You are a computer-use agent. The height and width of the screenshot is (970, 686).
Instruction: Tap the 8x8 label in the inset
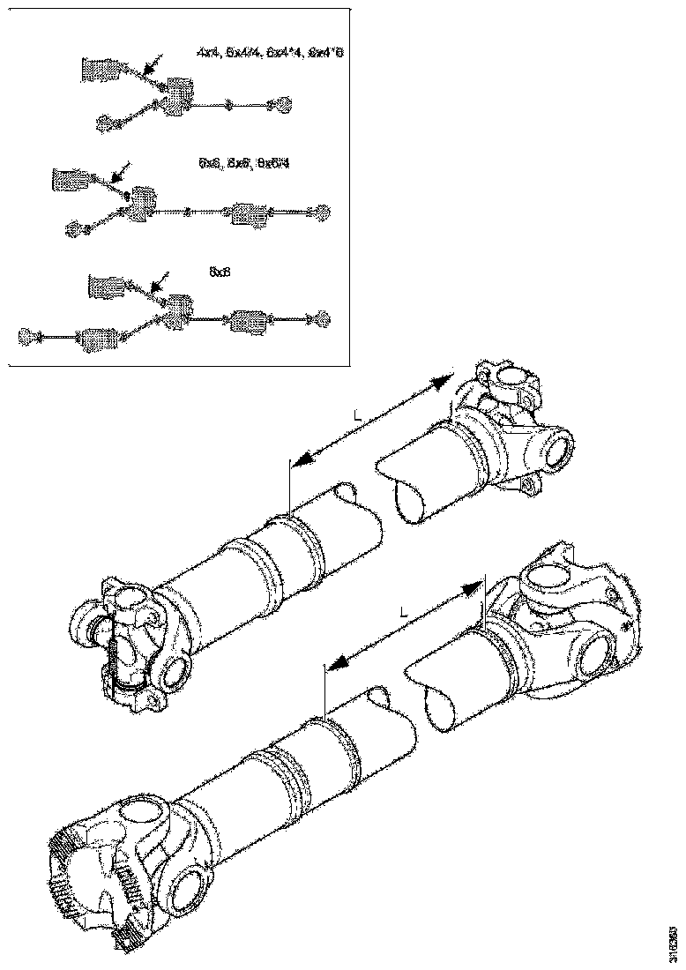point(220,273)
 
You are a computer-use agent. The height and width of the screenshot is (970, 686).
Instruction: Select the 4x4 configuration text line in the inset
point(270,55)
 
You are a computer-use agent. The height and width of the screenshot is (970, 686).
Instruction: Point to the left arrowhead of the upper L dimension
point(297,460)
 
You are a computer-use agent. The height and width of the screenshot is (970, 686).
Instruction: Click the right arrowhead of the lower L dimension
point(477,586)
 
